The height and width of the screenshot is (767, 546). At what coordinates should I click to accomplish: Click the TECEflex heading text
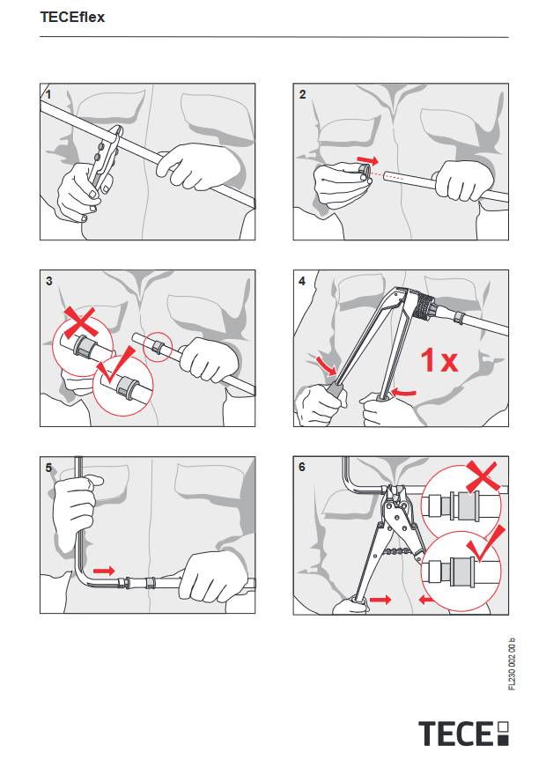pos(72,17)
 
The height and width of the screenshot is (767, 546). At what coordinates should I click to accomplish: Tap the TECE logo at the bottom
pos(463,733)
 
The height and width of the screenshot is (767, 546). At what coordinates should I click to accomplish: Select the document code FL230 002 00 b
pos(512,664)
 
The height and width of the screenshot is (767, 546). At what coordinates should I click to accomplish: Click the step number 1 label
pos(48,94)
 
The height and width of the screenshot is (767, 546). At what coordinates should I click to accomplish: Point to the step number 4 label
pos(302,281)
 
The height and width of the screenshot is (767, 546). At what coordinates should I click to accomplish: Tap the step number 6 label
pos(302,467)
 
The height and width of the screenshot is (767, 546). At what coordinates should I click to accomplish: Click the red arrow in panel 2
pos(367,160)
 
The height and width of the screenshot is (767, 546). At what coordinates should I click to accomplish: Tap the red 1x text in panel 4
pos(439,359)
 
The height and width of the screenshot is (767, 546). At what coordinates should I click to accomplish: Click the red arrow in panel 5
pos(104,571)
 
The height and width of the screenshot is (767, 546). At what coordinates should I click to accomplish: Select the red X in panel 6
pos(482,476)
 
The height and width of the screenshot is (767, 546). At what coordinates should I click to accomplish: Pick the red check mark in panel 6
pos(487,544)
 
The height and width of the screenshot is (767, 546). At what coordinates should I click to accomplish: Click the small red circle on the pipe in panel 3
pos(158,347)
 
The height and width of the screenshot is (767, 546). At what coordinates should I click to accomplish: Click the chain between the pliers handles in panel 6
pos(400,551)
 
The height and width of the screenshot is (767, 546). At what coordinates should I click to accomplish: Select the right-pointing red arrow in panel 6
pos(380,599)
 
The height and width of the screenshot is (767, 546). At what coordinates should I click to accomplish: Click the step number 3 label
pos(49,281)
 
